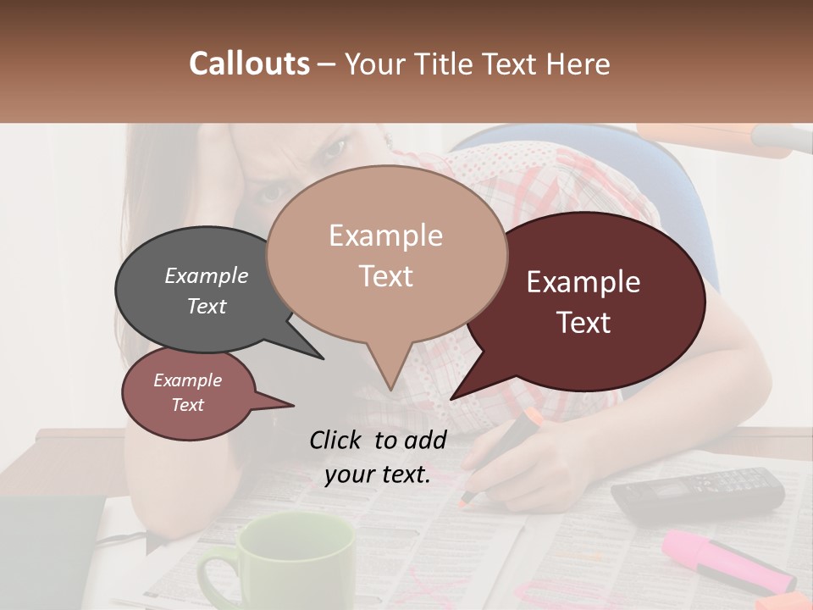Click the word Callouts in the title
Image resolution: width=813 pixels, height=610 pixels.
pyautogui.click(x=249, y=64)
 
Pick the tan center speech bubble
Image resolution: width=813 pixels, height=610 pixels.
pyautogui.click(x=386, y=254)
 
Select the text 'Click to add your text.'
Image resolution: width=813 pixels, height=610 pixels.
pyautogui.click(x=378, y=457)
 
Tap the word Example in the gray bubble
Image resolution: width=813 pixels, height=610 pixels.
pyautogui.click(x=207, y=275)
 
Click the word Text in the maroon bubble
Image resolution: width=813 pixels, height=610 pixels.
pyautogui.click(x=584, y=322)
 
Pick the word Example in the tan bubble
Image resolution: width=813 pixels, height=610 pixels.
pyautogui.click(x=385, y=236)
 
